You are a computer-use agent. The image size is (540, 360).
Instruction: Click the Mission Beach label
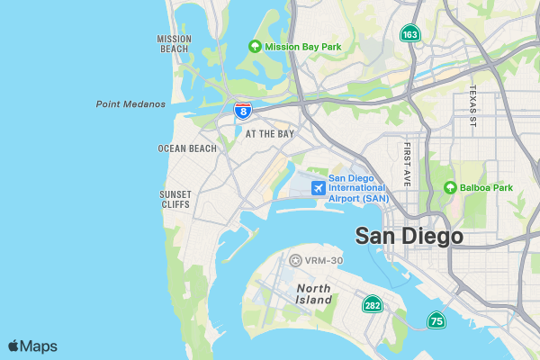[174, 44]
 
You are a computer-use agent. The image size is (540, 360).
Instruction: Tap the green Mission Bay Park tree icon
[255, 47]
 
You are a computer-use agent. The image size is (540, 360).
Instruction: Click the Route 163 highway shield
[410, 34]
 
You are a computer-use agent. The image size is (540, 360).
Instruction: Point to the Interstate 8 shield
[242, 110]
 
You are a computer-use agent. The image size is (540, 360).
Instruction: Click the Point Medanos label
[130, 104]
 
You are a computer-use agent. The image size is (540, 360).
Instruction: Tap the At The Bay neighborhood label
[270, 134]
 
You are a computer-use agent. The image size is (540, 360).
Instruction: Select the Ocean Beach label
[187, 148]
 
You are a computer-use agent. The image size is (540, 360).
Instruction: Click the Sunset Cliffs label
[175, 199]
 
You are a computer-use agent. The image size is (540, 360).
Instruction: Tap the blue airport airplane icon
[317, 187]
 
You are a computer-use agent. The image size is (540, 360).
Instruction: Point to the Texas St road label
[472, 105]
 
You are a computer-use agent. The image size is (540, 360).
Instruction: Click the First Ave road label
[408, 164]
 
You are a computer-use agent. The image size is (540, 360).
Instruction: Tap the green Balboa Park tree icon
[450, 188]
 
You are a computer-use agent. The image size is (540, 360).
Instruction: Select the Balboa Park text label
[487, 188]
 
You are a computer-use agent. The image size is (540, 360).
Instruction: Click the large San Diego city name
[409, 236]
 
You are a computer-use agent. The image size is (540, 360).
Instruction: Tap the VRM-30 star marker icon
[295, 260]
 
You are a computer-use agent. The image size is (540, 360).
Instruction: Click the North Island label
[314, 293]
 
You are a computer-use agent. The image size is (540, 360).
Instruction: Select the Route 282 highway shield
[371, 305]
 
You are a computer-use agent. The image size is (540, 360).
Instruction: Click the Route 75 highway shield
[436, 320]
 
